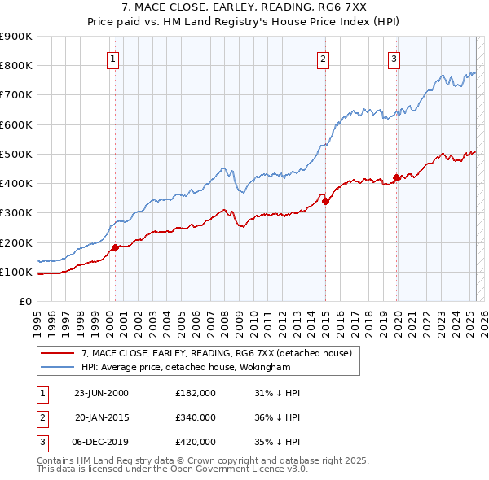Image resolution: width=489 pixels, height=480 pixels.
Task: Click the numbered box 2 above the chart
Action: tap(324, 58)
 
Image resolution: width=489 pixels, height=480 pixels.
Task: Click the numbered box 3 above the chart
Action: tap(394, 58)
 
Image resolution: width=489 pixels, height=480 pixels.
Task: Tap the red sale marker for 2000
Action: tap(115, 247)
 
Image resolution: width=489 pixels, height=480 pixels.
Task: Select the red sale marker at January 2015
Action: tap(325, 201)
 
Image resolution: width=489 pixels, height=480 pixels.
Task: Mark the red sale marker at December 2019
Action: tap(396, 177)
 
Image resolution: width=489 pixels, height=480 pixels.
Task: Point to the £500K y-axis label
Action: tap(16, 154)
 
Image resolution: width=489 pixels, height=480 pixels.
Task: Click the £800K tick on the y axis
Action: tap(16, 65)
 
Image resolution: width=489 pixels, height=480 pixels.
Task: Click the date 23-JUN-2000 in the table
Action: tap(101, 393)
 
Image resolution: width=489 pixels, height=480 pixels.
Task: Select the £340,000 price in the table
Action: tap(196, 417)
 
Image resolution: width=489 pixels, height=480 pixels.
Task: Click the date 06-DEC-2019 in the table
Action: tap(102, 442)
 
